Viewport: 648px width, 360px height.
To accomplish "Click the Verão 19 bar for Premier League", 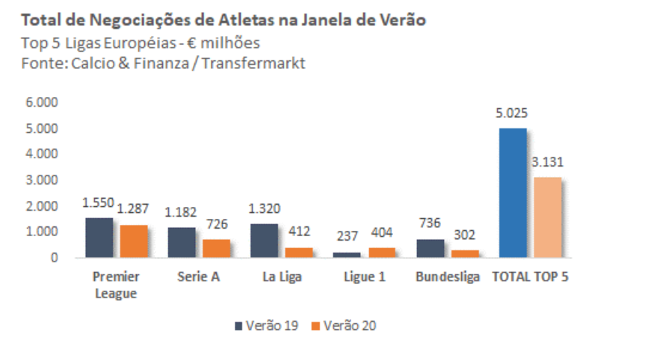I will tap(99, 238).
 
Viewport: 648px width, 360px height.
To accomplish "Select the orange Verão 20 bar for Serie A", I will tap(216, 248).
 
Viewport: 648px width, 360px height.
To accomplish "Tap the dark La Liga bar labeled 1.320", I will tap(264, 240).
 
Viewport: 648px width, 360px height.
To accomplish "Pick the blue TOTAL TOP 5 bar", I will tap(512, 193).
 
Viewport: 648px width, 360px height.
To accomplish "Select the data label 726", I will tap(217, 224).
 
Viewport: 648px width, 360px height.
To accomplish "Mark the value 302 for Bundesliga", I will tap(466, 232).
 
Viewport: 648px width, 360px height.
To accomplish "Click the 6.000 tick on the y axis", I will tap(42, 102).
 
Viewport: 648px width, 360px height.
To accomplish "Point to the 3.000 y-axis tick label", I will tap(42, 180).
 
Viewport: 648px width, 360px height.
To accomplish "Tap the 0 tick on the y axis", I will tap(55, 258).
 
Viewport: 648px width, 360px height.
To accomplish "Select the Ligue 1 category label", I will tap(363, 276).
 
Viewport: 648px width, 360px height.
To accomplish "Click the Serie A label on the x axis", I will tap(198, 276).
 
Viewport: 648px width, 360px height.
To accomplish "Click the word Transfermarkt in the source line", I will tap(255, 63).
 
